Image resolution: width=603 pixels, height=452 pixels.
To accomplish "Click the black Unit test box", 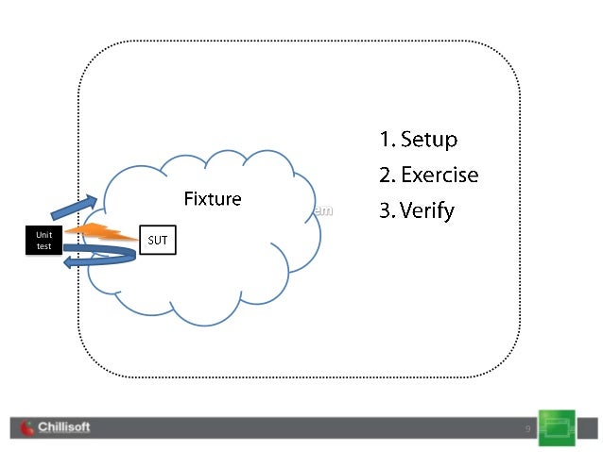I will (x=44, y=240).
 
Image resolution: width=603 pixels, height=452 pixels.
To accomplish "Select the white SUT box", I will (x=158, y=240).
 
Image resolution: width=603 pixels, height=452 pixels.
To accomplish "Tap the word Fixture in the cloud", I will (x=212, y=199).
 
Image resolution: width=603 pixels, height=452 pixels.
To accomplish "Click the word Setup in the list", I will (x=429, y=140).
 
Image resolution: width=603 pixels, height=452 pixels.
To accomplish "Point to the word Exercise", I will (x=439, y=176).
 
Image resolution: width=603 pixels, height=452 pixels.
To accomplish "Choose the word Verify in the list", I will (x=427, y=210).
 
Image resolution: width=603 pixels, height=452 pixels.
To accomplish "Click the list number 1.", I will (x=385, y=140).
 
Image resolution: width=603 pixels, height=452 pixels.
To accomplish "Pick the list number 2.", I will (x=385, y=176).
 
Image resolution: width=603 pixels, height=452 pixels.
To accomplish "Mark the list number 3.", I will (x=385, y=210).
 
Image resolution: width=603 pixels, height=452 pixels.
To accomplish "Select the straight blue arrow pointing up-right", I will (x=74, y=208).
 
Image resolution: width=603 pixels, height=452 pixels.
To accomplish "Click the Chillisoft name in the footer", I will (x=64, y=427).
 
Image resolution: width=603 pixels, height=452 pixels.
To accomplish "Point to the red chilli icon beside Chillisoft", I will (x=26, y=428).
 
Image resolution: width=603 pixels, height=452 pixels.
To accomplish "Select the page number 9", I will (x=527, y=430).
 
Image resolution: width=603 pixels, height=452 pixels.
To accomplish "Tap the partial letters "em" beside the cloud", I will (x=323, y=210).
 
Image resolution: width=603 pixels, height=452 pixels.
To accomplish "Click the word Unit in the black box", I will (x=44, y=234).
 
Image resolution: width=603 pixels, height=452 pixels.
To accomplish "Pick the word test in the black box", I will (x=44, y=246).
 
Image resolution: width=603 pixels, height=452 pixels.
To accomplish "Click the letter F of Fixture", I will (x=188, y=199).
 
